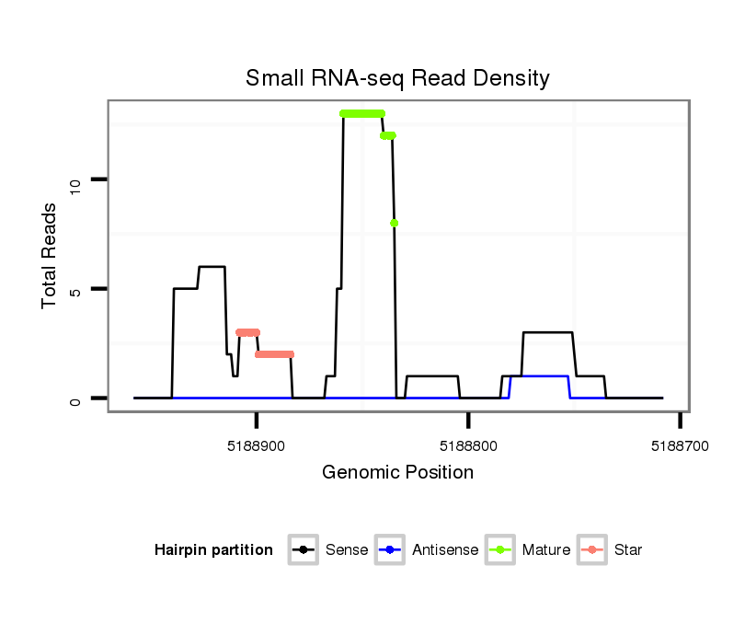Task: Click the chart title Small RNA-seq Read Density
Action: pyautogui.click(x=397, y=78)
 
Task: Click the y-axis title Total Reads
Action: pyautogui.click(x=52, y=255)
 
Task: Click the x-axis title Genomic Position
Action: pyautogui.click(x=397, y=473)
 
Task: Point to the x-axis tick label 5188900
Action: pyautogui.click(x=257, y=444)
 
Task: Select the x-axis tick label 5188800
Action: pyautogui.click(x=468, y=444)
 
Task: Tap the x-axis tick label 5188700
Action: pyautogui.click(x=680, y=444)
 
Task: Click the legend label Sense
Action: pyautogui.click(x=347, y=550)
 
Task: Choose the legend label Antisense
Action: pyautogui.click(x=445, y=550)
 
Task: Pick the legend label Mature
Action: pyautogui.click(x=545, y=550)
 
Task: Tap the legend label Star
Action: pyautogui.click(x=629, y=550)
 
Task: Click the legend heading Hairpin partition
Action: pyautogui.click(x=213, y=550)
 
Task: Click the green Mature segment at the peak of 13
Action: pyautogui.click(x=361, y=113)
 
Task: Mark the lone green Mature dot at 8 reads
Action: pyautogui.click(x=394, y=223)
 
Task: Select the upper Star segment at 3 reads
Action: pyautogui.click(x=247, y=332)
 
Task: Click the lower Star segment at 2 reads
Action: pyautogui.click(x=274, y=354)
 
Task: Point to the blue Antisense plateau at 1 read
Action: pyautogui.click(x=540, y=376)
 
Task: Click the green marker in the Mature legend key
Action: pyautogui.click(x=499, y=550)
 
